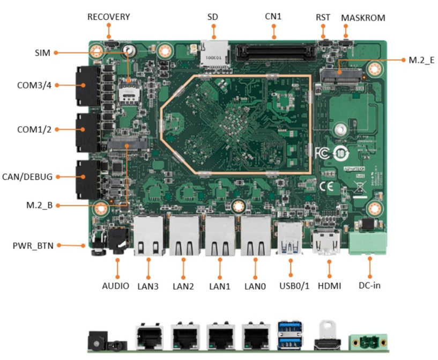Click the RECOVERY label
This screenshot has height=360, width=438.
point(109,17)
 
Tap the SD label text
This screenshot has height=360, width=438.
point(213,17)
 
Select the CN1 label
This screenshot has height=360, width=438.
point(273,17)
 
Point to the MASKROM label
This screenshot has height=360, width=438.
point(363,18)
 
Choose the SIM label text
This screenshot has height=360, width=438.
point(42,53)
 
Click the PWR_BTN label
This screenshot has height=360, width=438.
point(33,246)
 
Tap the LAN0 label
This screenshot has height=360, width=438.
point(255,286)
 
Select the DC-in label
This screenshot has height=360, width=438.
point(370,285)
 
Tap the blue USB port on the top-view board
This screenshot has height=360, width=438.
point(290,239)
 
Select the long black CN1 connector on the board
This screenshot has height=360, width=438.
point(272,53)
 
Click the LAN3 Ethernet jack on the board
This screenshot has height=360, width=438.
point(149,236)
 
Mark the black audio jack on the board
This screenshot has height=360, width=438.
point(118,240)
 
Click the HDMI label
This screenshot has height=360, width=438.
point(329,286)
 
